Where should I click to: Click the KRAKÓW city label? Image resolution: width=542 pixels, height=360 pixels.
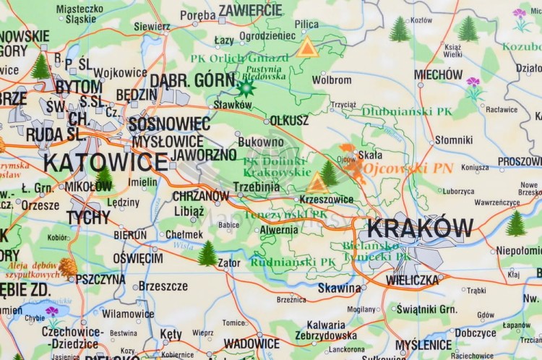tap(420, 228)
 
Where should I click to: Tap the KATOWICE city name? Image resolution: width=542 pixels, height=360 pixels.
tap(106, 161)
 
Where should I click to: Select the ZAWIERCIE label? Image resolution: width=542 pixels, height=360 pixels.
tap(250, 10)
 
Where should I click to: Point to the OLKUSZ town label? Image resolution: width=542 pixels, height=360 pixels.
tap(289, 121)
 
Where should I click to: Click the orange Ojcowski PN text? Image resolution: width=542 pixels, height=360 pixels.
tap(408, 168)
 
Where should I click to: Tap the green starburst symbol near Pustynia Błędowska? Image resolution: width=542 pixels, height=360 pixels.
tap(246, 88)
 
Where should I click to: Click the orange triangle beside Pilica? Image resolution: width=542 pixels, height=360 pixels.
tap(307, 48)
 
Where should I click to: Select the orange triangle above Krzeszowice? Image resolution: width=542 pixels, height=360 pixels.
tap(317, 183)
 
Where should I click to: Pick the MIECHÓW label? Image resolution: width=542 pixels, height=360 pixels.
tap(438, 74)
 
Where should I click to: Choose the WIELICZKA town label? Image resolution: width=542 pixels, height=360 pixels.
tap(413, 279)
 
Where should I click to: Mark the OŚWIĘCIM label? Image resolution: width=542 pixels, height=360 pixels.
tap(138, 258)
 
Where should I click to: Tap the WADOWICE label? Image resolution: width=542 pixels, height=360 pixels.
tap(251, 343)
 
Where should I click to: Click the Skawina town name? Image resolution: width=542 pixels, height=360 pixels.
tap(339, 288)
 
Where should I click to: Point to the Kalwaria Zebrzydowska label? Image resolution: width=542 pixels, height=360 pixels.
tap(326, 330)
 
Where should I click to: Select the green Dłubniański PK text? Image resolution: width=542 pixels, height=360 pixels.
tap(407, 111)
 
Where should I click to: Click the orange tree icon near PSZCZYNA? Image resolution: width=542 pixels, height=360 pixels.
tap(68, 268)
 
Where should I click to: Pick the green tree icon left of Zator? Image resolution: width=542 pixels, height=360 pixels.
tap(207, 253)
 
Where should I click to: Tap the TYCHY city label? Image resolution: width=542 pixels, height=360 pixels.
tap(89, 217)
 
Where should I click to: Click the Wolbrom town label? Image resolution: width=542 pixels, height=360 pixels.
tap(332, 80)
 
